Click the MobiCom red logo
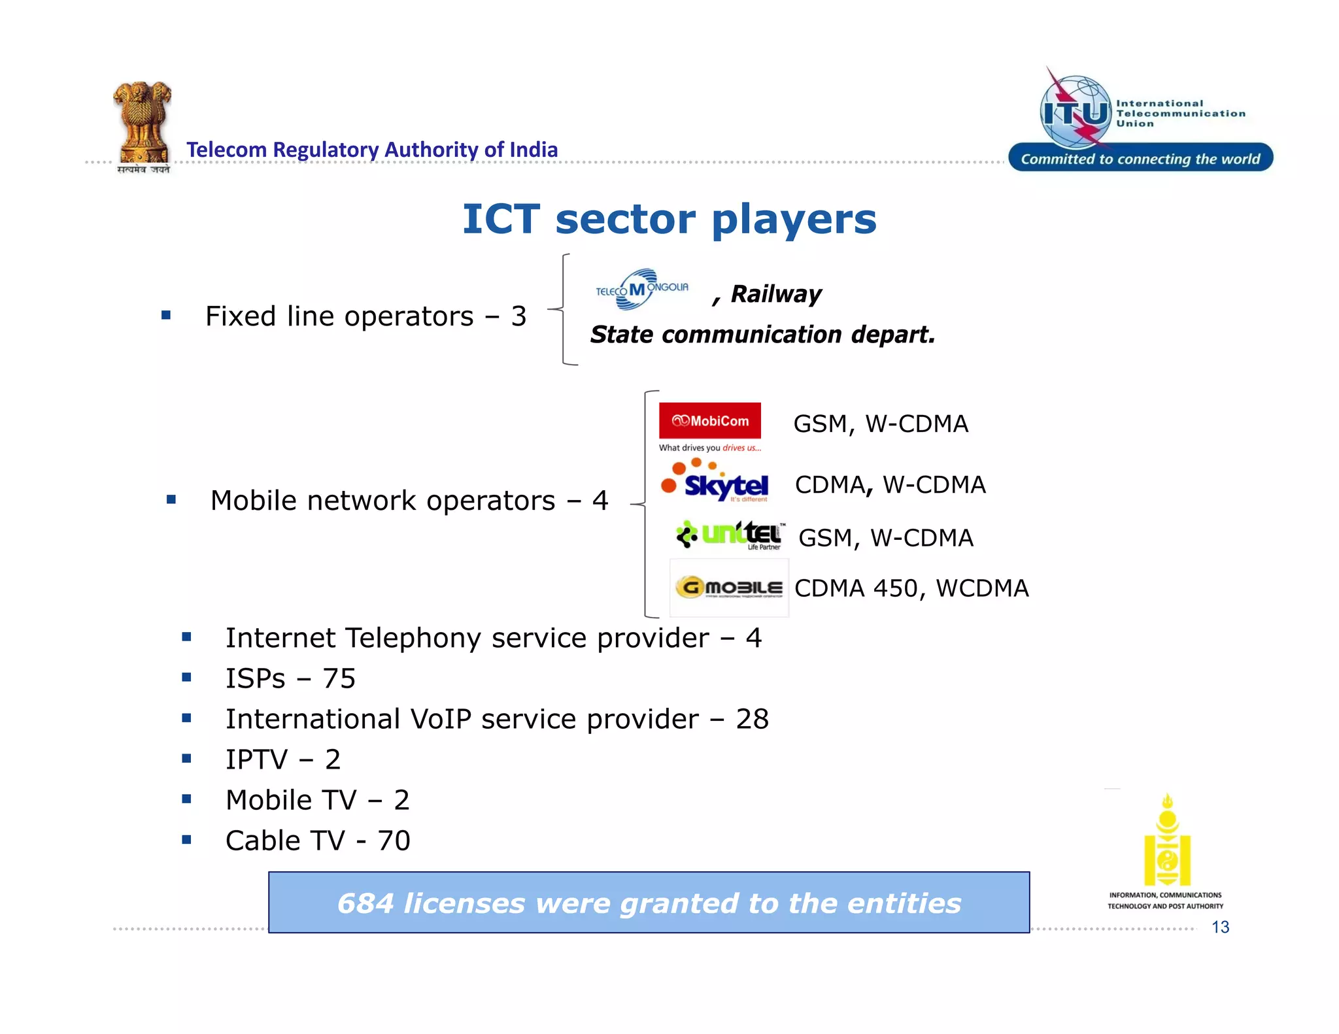pos(709,420)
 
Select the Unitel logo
pos(730,535)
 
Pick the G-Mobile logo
pos(729,587)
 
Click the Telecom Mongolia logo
pos(641,290)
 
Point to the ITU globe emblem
pos(1076,112)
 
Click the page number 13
pos(1220,927)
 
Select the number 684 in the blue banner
pos(365,903)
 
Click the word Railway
pos(776,294)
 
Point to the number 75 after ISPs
pos(339,678)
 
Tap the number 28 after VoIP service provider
pos(752,719)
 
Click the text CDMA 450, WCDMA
pos(911,588)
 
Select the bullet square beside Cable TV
pos(187,840)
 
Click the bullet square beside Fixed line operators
pos(166,316)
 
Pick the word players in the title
pos(793,220)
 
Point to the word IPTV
pos(256,759)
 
